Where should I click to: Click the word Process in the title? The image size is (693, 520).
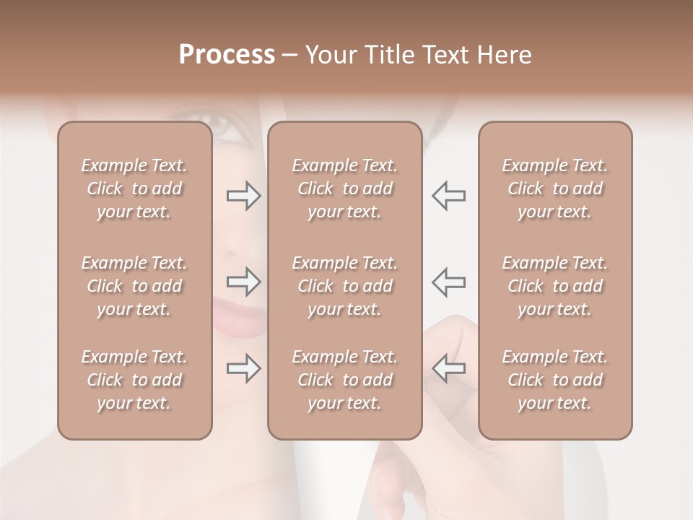tap(227, 55)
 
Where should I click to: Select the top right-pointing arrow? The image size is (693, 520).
tap(244, 196)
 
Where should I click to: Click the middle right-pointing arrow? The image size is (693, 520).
tap(244, 282)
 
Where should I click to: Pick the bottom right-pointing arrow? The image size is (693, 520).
tap(244, 368)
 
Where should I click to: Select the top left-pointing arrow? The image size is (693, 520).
tap(448, 196)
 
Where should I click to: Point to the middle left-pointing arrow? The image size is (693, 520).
tap(448, 282)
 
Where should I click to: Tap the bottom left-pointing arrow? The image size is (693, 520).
tap(448, 368)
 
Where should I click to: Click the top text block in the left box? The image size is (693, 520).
tap(134, 188)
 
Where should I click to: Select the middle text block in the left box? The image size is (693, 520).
tap(134, 286)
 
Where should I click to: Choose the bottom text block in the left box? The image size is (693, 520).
tap(134, 380)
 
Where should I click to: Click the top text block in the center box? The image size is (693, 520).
tap(344, 188)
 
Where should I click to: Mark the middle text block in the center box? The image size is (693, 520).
tap(344, 286)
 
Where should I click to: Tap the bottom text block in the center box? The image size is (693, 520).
tap(344, 380)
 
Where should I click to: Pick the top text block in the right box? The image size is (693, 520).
tap(554, 188)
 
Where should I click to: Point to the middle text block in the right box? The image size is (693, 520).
tap(554, 286)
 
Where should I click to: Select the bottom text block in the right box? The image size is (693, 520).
tap(554, 380)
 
